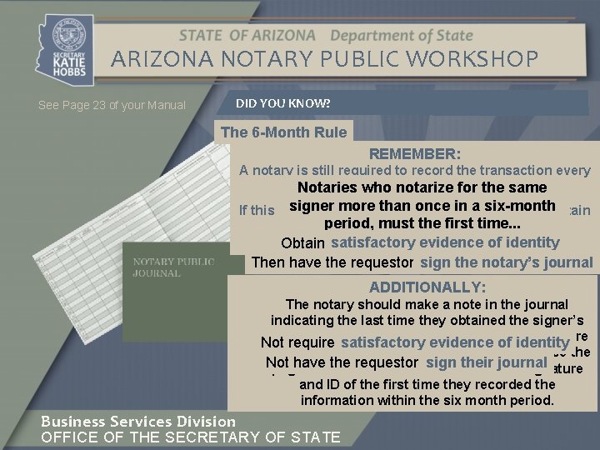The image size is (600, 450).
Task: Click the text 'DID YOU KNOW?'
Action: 282,103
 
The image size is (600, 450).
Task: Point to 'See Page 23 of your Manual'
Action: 112,106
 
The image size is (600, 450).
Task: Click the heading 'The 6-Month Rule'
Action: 283,132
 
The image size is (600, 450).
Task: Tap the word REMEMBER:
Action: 415,154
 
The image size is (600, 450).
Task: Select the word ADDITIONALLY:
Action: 427,287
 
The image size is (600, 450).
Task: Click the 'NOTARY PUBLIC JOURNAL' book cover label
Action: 173,267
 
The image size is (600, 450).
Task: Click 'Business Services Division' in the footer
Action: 138,422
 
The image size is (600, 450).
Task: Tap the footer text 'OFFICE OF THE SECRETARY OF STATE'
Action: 191,437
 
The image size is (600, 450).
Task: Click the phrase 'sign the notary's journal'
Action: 507,262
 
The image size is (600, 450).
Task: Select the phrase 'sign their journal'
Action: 486,362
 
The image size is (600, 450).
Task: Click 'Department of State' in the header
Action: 402,36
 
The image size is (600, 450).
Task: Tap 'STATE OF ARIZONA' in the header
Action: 247,36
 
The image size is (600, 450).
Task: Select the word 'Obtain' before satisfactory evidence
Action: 303,243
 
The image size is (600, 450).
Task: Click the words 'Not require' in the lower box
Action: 297,342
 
